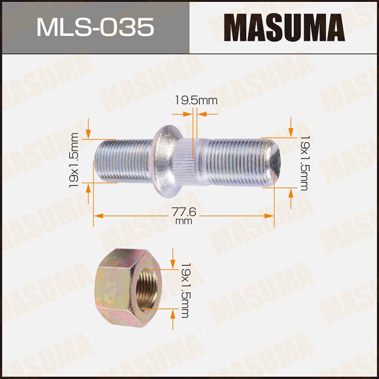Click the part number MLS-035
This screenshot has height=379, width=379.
click(95, 27)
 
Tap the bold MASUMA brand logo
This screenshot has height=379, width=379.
click(284, 27)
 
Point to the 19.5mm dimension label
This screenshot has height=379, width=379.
click(196, 100)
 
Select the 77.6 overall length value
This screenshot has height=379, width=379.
click(184, 211)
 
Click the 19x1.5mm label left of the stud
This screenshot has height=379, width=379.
click(74, 160)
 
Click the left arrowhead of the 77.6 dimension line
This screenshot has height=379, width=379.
click(97, 216)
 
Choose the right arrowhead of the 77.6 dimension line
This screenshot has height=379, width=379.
click(271, 216)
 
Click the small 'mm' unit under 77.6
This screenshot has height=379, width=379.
click(184, 221)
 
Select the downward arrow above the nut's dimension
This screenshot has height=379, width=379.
click(173, 256)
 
